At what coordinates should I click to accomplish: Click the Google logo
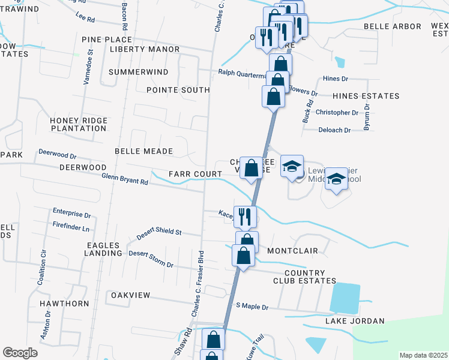(x=20, y=353)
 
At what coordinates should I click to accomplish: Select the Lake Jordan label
(x=355, y=321)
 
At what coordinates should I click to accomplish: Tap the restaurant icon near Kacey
(x=244, y=217)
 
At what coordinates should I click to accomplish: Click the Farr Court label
(x=187, y=174)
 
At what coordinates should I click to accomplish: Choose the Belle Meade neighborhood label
(x=143, y=152)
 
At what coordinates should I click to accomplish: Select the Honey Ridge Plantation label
(x=78, y=124)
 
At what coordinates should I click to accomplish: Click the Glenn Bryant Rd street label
(x=124, y=179)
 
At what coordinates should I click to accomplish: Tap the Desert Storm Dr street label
(x=151, y=259)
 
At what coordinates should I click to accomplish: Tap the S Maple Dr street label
(x=252, y=307)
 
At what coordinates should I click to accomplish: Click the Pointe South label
(x=178, y=90)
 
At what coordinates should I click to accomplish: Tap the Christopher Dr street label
(x=337, y=113)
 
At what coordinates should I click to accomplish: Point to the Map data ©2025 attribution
(x=424, y=355)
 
